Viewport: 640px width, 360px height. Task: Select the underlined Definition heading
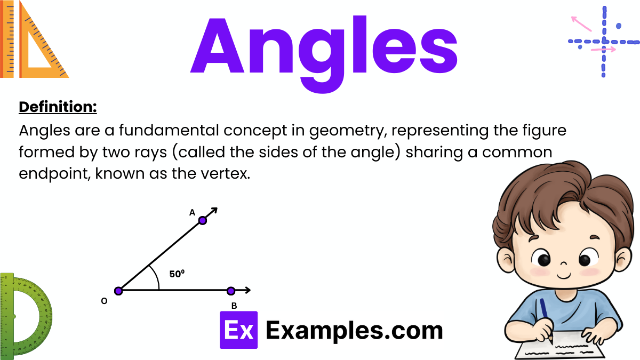click(58, 107)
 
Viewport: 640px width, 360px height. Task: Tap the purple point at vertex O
click(118, 291)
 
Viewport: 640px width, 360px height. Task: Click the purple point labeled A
click(203, 220)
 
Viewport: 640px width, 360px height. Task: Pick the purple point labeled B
click(231, 291)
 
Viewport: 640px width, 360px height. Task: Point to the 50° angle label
click(177, 274)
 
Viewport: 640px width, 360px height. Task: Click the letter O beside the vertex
click(104, 301)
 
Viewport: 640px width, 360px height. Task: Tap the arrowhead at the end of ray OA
click(214, 211)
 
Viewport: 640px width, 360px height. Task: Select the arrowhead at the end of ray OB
click(247, 291)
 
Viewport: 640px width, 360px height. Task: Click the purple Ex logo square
click(238, 330)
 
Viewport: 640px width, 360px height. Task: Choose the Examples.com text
click(354, 331)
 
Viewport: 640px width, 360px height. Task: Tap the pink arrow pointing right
click(603, 50)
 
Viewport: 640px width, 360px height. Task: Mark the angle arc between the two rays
click(156, 277)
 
